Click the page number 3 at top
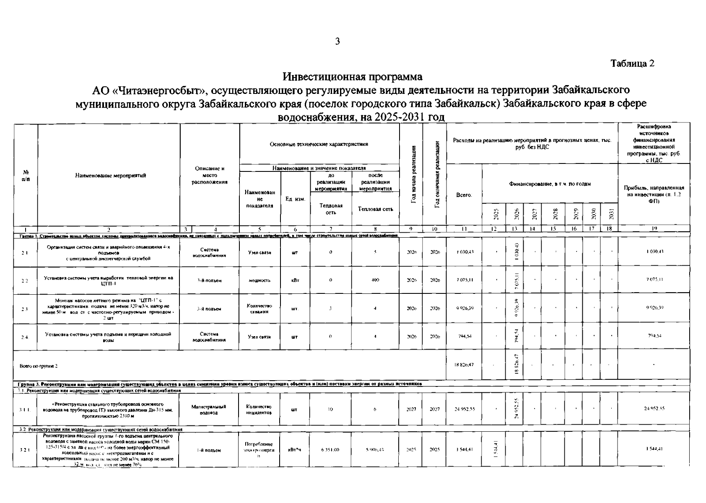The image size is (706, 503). pyautogui.click(x=337, y=41)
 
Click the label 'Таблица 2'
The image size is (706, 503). pyautogui.click(x=632, y=63)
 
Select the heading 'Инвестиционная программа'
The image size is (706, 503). pyautogui.click(x=353, y=77)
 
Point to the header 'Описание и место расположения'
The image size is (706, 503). pyautogui.click(x=210, y=175)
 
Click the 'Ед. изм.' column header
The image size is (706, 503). pyautogui.click(x=295, y=199)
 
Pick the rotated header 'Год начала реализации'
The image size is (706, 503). pyautogui.click(x=414, y=174)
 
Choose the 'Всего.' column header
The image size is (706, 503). pyautogui.click(x=464, y=195)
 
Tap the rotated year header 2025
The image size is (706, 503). pyautogui.click(x=496, y=214)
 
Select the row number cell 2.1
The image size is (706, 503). pyautogui.click(x=25, y=252)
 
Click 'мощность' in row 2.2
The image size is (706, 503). pyautogui.click(x=260, y=280)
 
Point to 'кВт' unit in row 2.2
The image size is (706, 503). pyautogui.click(x=295, y=280)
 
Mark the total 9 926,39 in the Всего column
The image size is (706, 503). pyautogui.click(x=465, y=309)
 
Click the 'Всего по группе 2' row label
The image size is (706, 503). pyautogui.click(x=39, y=366)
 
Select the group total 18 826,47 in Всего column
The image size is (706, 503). pyautogui.click(x=465, y=365)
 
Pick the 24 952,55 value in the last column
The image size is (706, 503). pyautogui.click(x=654, y=408)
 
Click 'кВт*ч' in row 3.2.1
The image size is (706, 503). pyautogui.click(x=295, y=450)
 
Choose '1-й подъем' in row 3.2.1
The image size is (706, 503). pyautogui.click(x=209, y=451)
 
